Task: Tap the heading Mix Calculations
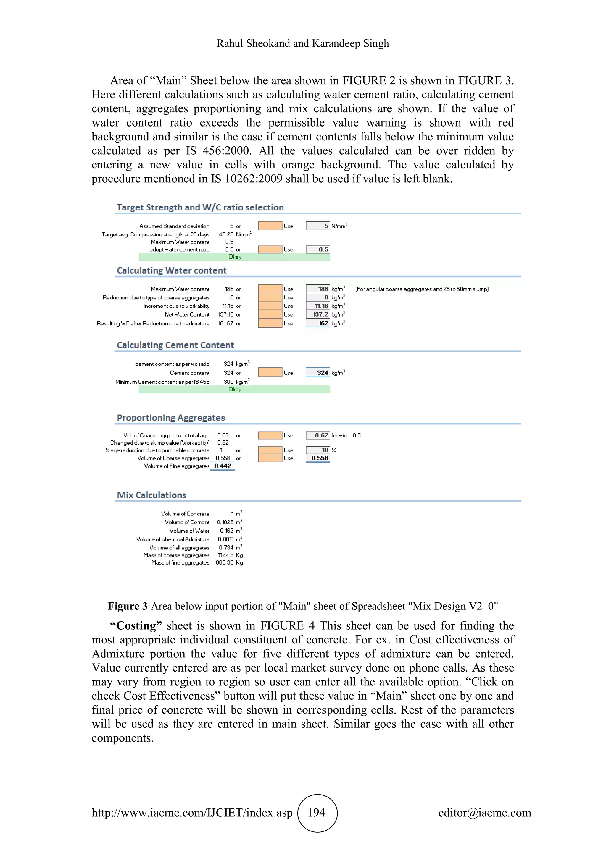pyautogui.click(x=151, y=495)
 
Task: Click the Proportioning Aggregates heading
pyautogui.click(x=171, y=418)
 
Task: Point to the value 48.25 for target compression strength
pyautogui.click(x=226, y=234)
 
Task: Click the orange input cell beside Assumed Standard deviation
pyautogui.click(x=270, y=226)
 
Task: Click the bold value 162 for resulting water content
pyautogui.click(x=323, y=324)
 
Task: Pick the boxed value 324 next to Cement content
pyautogui.click(x=322, y=373)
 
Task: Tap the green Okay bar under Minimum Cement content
pyautogui.click(x=234, y=389)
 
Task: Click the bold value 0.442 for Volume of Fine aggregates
pyautogui.click(x=223, y=466)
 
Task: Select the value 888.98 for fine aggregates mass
pyautogui.click(x=224, y=562)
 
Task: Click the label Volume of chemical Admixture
pyautogui.click(x=173, y=539)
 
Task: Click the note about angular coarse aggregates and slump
pyautogui.click(x=422, y=289)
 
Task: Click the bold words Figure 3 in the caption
pyautogui.click(x=128, y=606)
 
